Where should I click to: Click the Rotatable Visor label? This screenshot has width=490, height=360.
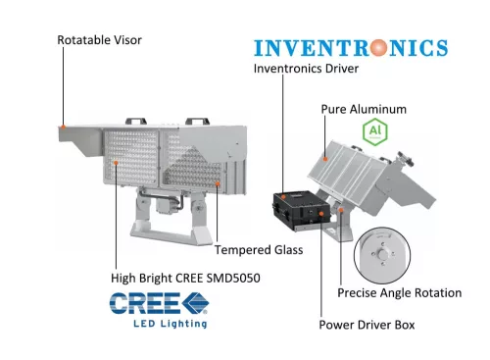click(99, 40)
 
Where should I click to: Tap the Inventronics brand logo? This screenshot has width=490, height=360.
click(351, 48)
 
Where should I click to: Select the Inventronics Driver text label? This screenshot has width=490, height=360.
click(306, 69)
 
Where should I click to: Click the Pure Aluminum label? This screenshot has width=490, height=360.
click(364, 109)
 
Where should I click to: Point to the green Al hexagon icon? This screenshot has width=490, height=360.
click(375, 131)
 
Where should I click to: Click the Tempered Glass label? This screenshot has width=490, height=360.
click(259, 250)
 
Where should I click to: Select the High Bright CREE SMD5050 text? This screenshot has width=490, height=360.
click(185, 278)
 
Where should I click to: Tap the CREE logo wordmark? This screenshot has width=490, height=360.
click(159, 303)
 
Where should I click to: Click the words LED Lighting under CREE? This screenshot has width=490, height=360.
click(171, 324)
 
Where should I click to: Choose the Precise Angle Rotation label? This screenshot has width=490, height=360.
click(400, 292)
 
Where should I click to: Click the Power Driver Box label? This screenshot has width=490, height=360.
click(367, 325)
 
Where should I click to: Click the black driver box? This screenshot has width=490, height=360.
click(301, 210)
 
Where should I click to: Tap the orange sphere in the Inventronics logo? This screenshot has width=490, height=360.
click(378, 48)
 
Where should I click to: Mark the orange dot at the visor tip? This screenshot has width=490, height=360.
click(64, 127)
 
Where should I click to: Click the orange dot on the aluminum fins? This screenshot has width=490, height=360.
click(325, 159)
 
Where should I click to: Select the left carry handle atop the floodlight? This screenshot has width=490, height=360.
click(136, 121)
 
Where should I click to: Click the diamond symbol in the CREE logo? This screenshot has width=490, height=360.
click(195, 303)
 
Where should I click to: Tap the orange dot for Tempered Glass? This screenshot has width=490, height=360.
click(218, 184)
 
